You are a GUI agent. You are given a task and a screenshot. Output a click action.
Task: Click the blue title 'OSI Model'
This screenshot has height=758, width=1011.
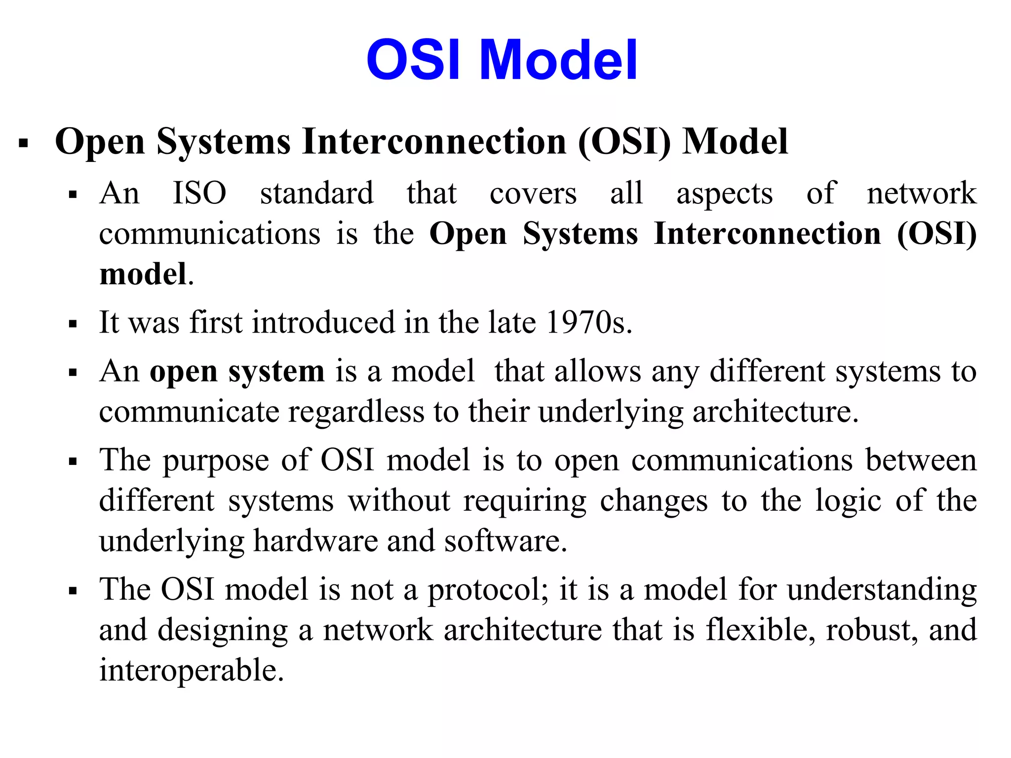tap(502, 60)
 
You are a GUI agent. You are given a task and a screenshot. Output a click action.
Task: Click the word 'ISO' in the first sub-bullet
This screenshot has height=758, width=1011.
tap(199, 193)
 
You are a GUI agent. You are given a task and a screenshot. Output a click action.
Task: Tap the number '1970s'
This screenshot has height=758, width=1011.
tap(589, 322)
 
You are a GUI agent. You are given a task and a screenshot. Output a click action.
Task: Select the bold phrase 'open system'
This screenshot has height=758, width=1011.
tap(237, 372)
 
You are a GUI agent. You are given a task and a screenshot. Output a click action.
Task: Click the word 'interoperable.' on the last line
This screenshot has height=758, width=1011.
tap(192, 670)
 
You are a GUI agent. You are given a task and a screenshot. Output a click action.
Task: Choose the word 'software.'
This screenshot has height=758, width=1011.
tap(505, 541)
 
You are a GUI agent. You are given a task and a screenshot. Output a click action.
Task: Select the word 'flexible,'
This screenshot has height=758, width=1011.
tap(760, 630)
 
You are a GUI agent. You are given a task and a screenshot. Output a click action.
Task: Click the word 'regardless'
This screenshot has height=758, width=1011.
tap(356, 412)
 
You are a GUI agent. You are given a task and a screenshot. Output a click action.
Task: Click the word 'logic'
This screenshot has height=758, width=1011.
tap(848, 501)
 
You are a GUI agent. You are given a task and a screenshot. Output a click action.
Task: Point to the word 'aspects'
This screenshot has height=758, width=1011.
tap(724, 194)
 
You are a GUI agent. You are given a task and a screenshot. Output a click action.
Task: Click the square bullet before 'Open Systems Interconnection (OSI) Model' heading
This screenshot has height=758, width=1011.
tap(23, 144)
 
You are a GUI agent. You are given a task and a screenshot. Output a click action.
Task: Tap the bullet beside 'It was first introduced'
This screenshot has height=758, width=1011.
tap(73, 325)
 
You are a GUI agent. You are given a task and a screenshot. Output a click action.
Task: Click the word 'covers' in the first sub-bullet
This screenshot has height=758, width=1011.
tap(533, 194)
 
